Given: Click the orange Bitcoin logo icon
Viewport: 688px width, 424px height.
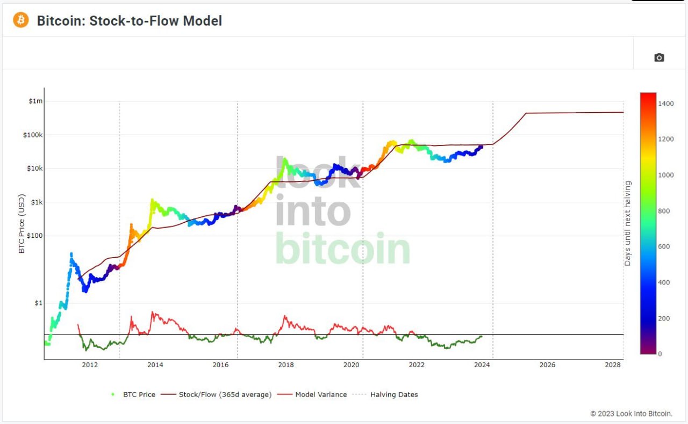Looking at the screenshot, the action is (x=20, y=20).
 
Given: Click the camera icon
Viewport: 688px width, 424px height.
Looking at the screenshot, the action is (x=659, y=57).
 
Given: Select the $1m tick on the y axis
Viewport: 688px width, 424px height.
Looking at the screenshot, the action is (x=35, y=101).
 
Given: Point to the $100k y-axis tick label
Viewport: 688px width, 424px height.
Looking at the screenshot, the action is (x=33, y=135).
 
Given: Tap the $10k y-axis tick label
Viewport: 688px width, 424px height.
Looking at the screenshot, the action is (x=35, y=168).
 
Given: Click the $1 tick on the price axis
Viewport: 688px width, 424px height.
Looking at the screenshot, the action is (x=39, y=303).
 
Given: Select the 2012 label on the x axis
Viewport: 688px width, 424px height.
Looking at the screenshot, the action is (x=90, y=365).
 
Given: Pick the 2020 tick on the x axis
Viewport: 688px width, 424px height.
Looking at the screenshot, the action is (x=351, y=365).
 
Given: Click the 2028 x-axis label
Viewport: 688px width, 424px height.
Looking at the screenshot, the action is (x=612, y=365).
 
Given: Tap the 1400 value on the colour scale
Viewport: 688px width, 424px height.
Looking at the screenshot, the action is (x=665, y=104).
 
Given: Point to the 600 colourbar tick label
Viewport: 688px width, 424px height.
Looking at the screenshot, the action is (x=664, y=247).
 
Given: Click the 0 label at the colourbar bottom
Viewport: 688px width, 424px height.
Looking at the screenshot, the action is (x=660, y=354).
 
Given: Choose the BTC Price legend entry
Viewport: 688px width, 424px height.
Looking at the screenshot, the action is (x=133, y=394).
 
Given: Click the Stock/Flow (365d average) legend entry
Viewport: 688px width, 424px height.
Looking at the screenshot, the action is (x=216, y=394).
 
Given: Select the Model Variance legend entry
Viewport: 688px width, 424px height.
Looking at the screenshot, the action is (x=312, y=394).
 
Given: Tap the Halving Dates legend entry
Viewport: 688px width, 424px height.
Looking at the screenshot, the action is (x=385, y=394).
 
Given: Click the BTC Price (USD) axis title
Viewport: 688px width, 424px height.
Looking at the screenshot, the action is (x=21, y=224).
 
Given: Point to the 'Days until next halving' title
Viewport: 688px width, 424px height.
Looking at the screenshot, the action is (x=627, y=223).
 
